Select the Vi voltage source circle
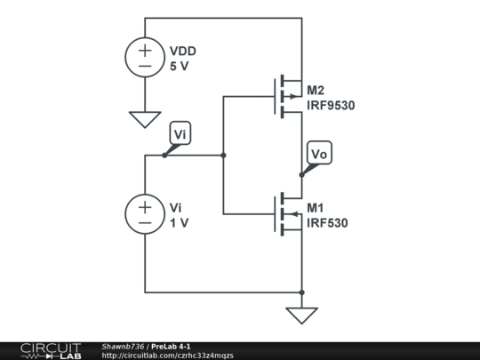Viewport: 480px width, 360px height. [144, 214]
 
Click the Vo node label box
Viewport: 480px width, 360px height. [319, 154]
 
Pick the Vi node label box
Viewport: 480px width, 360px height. [180, 134]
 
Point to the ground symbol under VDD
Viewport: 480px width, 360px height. [144, 118]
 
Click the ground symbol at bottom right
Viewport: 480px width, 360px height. [302, 315]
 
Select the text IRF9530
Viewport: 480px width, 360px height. [331, 106]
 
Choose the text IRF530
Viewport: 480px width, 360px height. [327, 223]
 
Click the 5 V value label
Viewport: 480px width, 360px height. [180, 66]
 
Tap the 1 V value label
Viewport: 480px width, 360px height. [180, 222]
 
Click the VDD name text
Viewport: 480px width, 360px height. [183, 51]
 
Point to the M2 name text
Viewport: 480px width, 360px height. [316, 91]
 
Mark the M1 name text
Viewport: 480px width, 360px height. [316, 208]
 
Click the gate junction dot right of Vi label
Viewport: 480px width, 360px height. [223, 156]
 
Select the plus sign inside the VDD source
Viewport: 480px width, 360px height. [144, 50]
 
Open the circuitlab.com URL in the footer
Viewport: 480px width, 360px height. [168, 355]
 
